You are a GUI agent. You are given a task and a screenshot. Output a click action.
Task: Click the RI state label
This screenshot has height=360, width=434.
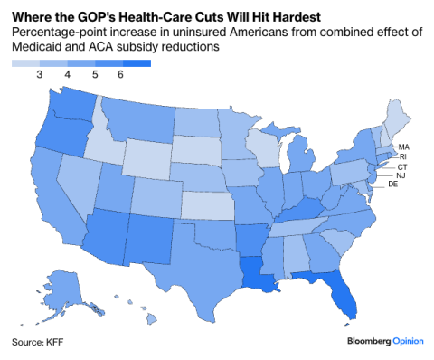[403, 156]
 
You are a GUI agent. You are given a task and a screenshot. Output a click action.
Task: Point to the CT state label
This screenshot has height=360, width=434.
[401, 166]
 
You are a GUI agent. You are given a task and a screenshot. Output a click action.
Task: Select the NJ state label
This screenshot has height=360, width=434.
[401, 175]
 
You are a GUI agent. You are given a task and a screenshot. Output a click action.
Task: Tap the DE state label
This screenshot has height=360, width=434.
[393, 185]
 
